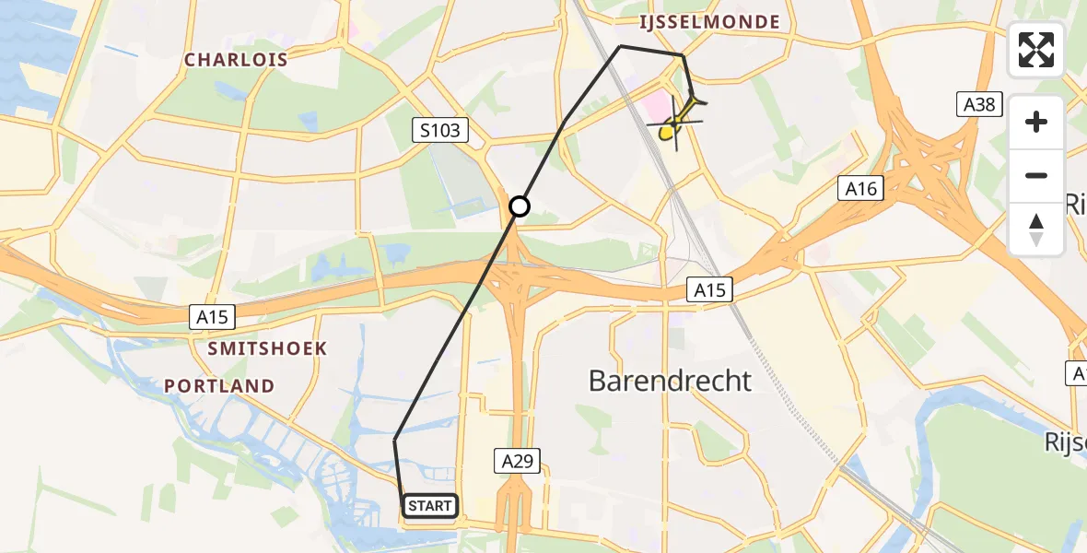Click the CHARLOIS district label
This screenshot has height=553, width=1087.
[x=236, y=60]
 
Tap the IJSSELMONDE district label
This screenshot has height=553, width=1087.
[x=711, y=22]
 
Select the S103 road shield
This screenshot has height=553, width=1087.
[x=440, y=131]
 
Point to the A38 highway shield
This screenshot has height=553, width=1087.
[x=978, y=105]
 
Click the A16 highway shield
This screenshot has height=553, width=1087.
[x=860, y=190]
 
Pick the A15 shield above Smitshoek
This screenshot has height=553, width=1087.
[x=213, y=317]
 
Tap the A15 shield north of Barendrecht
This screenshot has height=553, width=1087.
[x=709, y=291]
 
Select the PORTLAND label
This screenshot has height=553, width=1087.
[x=219, y=386]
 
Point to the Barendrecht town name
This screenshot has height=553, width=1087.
[x=670, y=380]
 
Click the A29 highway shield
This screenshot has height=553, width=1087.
[x=517, y=461]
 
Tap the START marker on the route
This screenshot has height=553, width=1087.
[x=429, y=506]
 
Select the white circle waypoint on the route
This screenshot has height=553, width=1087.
[x=520, y=206]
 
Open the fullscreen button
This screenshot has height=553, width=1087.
[x=1036, y=50]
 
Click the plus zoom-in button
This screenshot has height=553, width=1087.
[x=1036, y=122]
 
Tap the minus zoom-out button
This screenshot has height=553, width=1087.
[x=1036, y=175]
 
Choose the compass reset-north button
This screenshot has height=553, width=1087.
[x=1036, y=229]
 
